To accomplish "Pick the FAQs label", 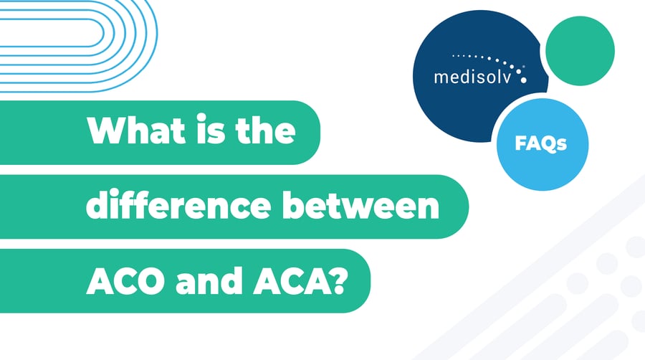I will (541, 143).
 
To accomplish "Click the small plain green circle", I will (579, 51).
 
